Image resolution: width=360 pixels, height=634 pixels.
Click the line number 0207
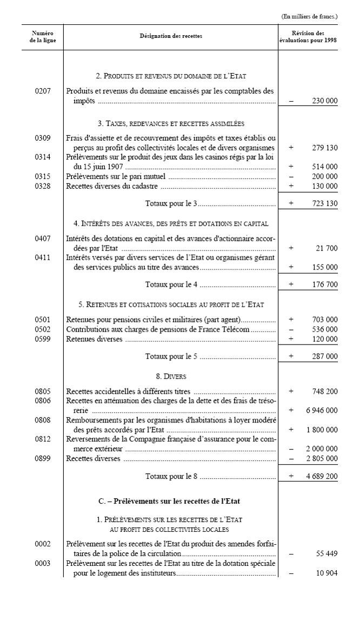[43, 91]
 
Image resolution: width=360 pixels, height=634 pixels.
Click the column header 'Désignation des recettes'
[171, 37]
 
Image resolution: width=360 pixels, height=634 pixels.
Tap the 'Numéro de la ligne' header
[43, 37]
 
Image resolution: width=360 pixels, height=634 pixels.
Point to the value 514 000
[324, 167]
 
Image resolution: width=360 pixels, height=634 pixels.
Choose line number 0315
[43, 176]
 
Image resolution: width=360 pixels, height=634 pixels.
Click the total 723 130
[324, 203]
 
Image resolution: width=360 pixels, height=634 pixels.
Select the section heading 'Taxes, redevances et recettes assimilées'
[170, 123]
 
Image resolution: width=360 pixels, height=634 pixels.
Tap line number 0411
[43, 257]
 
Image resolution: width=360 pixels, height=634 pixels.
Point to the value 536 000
[324, 329]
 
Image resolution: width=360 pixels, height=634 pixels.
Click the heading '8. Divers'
[170, 376]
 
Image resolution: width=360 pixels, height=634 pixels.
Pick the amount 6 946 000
[322, 410]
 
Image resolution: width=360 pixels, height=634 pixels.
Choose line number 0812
[43, 439]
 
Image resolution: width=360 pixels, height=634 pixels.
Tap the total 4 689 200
[322, 476]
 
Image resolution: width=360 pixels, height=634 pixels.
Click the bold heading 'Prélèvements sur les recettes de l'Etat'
[170, 501]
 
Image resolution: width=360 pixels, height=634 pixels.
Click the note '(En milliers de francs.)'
[309, 17]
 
